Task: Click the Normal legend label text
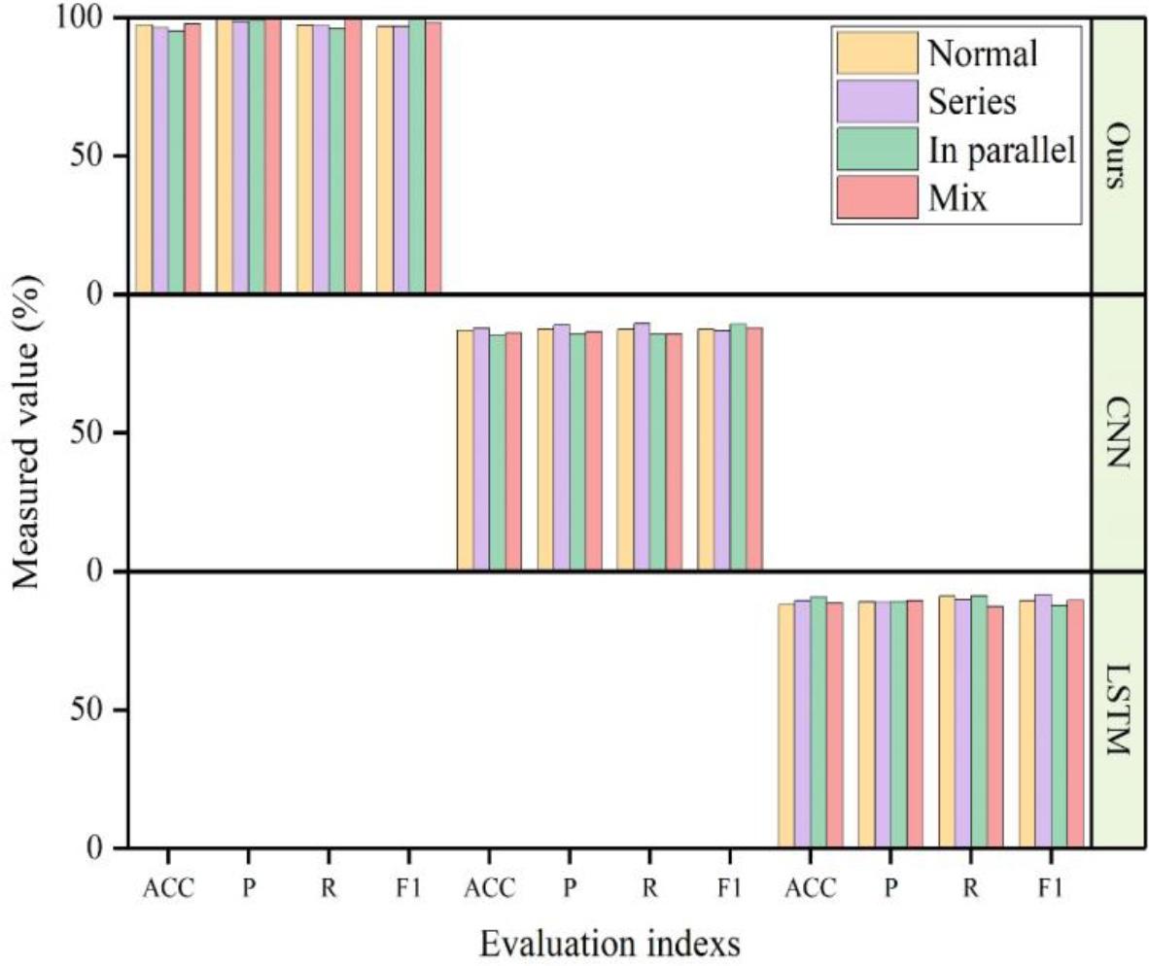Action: tap(983, 53)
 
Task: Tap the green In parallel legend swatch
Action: tap(875, 150)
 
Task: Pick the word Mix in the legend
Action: tap(957, 199)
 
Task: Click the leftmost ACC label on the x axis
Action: tap(167, 887)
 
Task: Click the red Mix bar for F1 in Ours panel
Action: tap(434, 155)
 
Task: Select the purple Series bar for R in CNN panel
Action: tap(642, 447)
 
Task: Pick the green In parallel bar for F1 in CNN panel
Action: tap(738, 447)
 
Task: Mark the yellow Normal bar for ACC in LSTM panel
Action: tap(785, 725)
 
